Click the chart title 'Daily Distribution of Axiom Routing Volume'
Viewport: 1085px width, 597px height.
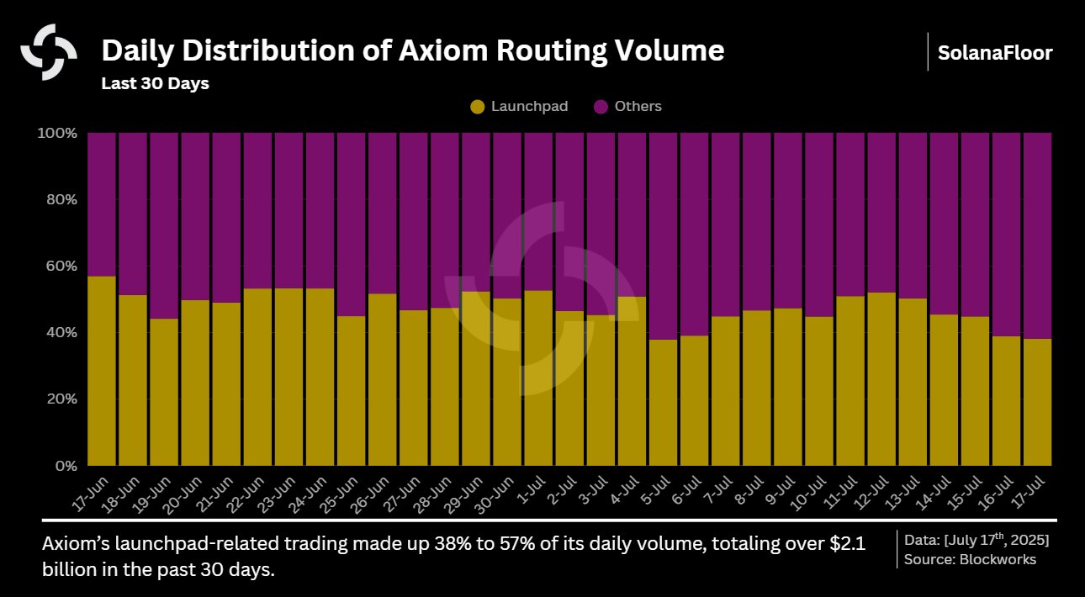(x=412, y=51)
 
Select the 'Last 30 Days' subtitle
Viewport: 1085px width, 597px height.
(x=155, y=84)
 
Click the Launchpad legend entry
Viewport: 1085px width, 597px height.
(x=519, y=107)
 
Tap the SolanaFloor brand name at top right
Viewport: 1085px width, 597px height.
(x=995, y=53)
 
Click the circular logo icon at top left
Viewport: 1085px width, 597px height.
(x=49, y=52)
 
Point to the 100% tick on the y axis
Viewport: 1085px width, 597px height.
(x=57, y=134)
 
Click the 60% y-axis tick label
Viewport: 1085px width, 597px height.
(x=60, y=267)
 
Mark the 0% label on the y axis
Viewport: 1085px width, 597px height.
(x=65, y=466)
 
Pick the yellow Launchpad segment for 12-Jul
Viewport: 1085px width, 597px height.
(x=881, y=378)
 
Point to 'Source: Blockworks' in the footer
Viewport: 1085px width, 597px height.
(x=970, y=560)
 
